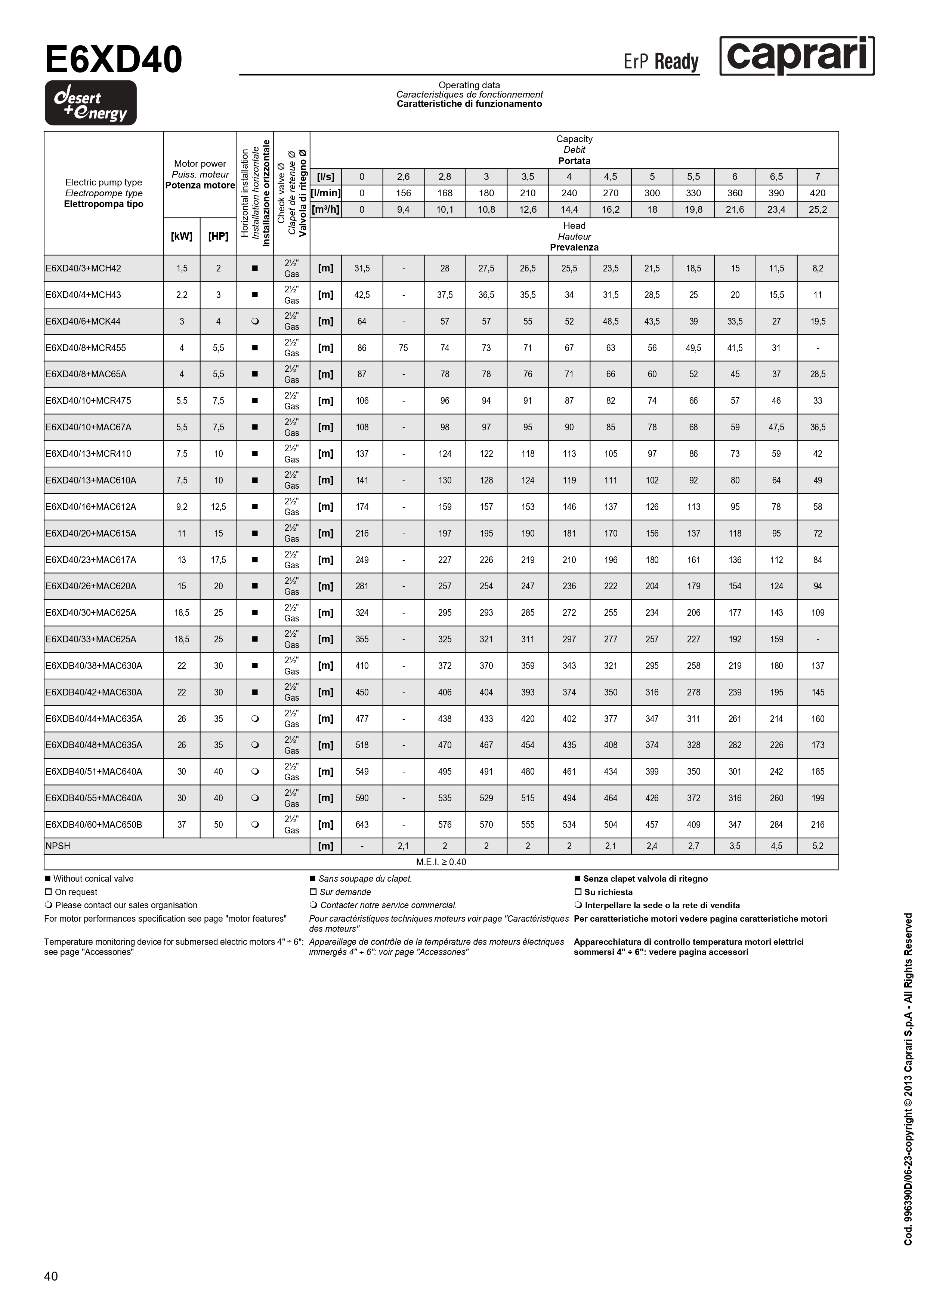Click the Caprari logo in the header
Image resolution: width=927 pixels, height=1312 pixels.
[796, 56]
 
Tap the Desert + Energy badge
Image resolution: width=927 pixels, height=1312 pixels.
[91, 103]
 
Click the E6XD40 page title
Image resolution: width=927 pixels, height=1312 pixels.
[114, 60]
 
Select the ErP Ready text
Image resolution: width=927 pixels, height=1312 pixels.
[661, 61]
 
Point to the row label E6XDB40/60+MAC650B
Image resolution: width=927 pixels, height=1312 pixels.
[94, 824]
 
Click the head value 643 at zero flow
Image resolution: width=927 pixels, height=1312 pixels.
[362, 824]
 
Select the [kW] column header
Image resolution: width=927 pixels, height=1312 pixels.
[182, 236]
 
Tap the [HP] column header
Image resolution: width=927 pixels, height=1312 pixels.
[218, 236]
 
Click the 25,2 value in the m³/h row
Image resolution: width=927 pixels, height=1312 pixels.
[817, 210]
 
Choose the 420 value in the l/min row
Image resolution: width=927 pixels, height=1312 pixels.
[817, 193]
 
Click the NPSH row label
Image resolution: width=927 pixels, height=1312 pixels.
[58, 846]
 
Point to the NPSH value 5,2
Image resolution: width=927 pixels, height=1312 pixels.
[817, 846]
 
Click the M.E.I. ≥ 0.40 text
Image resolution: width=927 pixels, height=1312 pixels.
[441, 862]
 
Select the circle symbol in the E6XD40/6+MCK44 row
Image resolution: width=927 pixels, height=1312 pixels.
[255, 321]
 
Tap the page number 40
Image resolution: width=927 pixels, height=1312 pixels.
[51, 1276]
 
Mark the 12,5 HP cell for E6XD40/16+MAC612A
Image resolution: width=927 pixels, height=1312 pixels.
[218, 507]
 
